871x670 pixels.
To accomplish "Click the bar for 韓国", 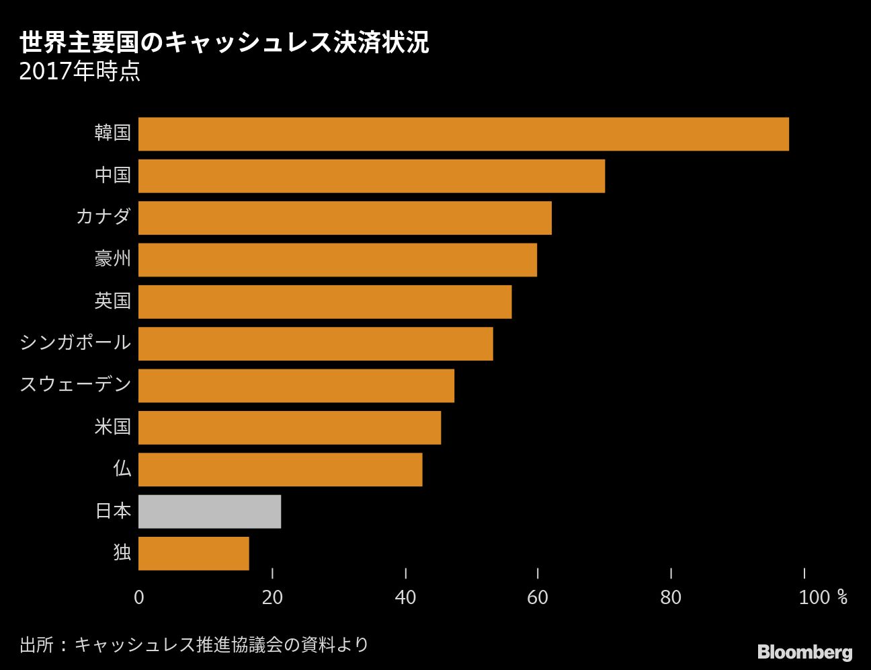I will tap(463, 134).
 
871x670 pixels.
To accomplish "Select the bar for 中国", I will tap(371, 176).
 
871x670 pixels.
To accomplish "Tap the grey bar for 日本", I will tap(210, 511).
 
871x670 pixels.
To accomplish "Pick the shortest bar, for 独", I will tap(194, 553).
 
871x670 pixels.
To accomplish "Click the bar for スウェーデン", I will tap(296, 385).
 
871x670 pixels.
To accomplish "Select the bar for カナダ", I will tap(345, 218).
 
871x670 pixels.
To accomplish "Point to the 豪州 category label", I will tap(112, 259).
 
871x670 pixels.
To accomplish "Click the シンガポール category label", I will tap(75, 342).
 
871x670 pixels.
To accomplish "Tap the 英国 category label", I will tap(112, 301).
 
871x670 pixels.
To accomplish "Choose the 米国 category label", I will tap(112, 426).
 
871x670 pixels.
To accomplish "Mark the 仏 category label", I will tap(122, 468).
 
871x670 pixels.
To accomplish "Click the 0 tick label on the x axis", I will tap(138, 597).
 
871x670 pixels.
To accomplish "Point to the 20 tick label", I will tap(272, 597).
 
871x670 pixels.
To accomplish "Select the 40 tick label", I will tap(405, 597).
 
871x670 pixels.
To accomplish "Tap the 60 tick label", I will tap(538, 597).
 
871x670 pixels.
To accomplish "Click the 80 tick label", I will tap(671, 597).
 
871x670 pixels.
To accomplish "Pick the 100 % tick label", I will tap(823, 597).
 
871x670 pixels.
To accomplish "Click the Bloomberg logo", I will tap(804, 652).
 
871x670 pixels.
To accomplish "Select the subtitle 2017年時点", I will tap(79, 71).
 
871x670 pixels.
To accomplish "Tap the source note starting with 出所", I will tap(194, 644).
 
